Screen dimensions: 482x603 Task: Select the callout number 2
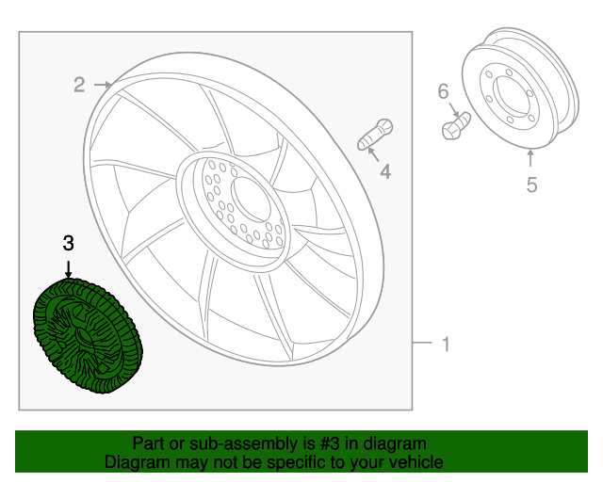[x=80, y=86]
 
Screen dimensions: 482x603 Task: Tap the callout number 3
[x=68, y=243]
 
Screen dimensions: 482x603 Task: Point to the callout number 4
[x=384, y=171]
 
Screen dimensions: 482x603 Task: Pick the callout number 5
[x=531, y=185]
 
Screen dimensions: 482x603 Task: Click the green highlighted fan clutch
[x=87, y=335]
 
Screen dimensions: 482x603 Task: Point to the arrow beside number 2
[x=103, y=86]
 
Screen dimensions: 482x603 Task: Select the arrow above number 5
[x=531, y=160]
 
